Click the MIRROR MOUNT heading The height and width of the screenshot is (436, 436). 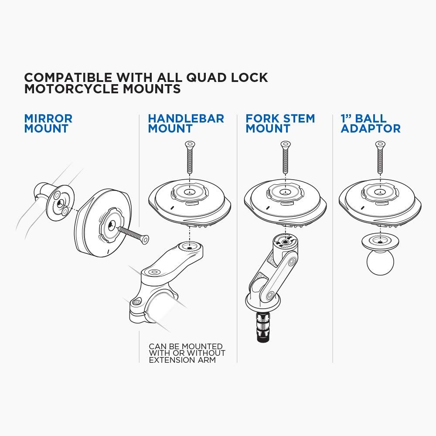tap(48, 123)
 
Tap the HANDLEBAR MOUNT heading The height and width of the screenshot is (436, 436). tap(186, 123)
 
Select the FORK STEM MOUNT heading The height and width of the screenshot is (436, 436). tap(280, 123)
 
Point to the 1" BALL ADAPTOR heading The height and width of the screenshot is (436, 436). tap(371, 123)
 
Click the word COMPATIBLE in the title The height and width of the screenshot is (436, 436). tap(68, 78)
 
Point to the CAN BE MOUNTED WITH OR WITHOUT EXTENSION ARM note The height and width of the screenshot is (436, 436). tap(187, 353)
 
